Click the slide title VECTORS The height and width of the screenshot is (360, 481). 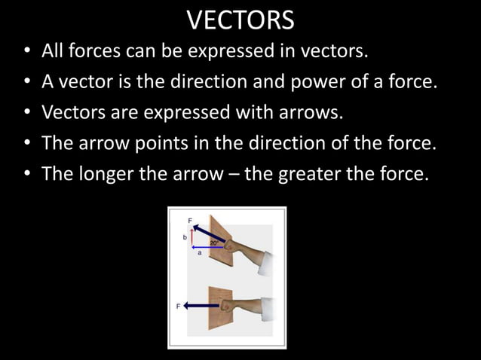pos(240,20)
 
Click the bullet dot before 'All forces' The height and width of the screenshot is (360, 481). pos(26,53)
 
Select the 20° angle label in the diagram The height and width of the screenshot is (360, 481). pos(215,243)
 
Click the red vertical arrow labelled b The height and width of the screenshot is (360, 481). pos(192,236)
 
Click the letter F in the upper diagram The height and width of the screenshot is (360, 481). pos(190,220)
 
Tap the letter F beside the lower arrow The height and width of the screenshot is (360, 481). pos(179,307)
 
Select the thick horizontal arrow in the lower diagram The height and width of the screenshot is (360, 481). pos(201,306)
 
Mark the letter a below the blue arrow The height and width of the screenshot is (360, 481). pos(200,254)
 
